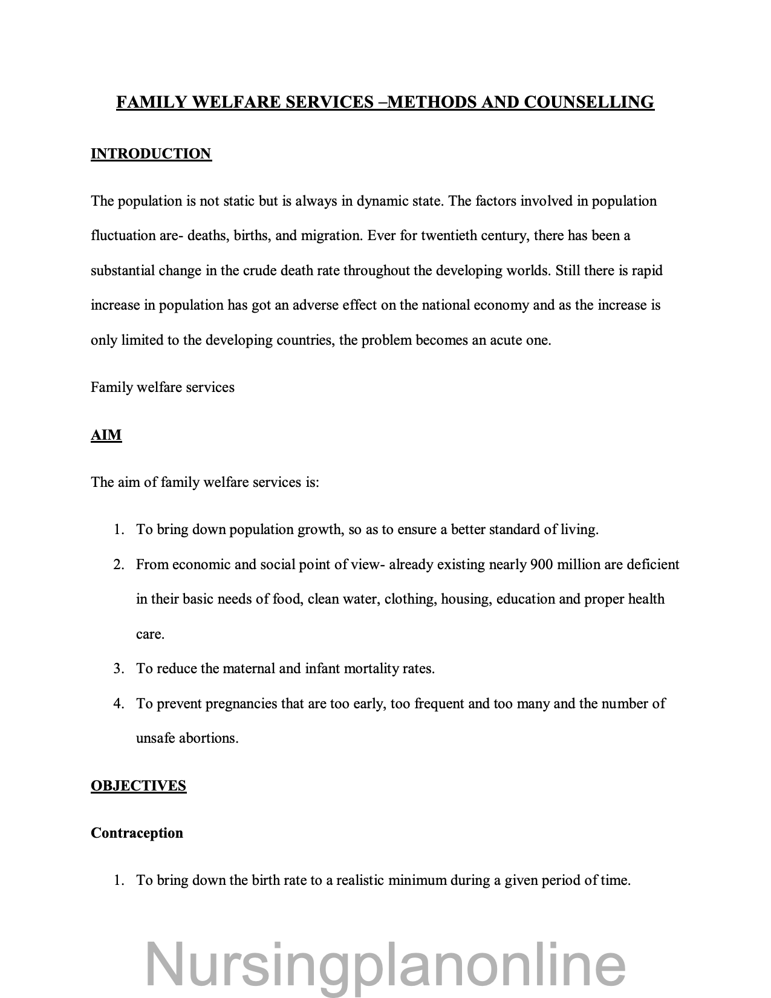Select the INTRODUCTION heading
point(151,154)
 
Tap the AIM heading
point(106,435)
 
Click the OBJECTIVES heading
point(138,786)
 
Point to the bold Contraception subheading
point(137,833)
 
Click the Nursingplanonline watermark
point(385,963)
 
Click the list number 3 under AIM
point(119,668)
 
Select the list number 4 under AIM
point(119,703)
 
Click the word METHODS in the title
point(431,102)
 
